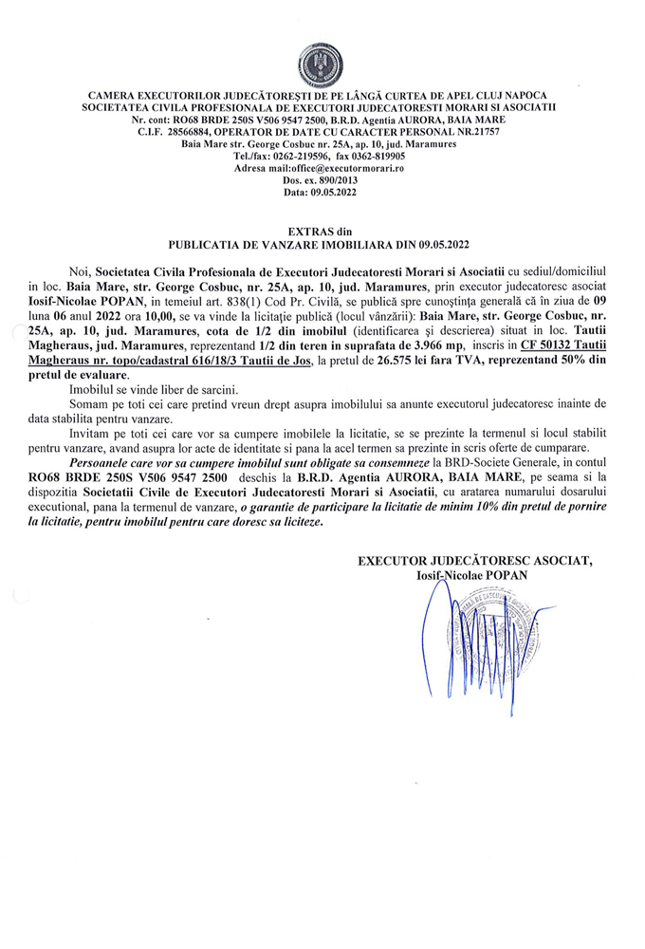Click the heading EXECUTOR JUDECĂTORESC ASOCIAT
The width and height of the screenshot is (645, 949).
[474, 561]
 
